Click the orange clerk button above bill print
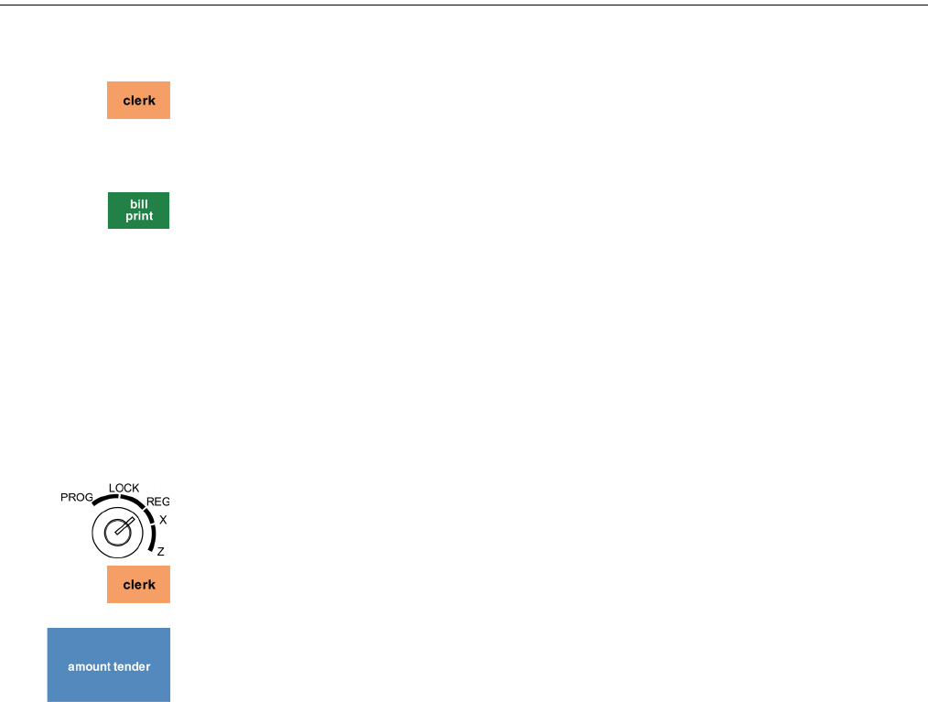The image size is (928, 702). pyautogui.click(x=138, y=101)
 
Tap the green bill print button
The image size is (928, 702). pyautogui.click(x=138, y=211)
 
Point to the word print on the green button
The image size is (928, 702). pyautogui.click(x=139, y=217)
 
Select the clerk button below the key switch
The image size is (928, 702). pyautogui.click(x=138, y=584)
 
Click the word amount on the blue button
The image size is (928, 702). pyautogui.click(x=88, y=666)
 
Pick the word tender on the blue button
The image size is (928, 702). pyautogui.click(x=131, y=666)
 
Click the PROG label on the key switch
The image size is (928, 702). pyautogui.click(x=77, y=498)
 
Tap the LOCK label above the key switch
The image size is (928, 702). pyautogui.click(x=124, y=488)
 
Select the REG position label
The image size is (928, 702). pyautogui.click(x=158, y=502)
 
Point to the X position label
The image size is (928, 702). pyautogui.click(x=163, y=520)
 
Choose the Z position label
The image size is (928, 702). pyautogui.click(x=160, y=552)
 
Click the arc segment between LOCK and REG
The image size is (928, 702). pyautogui.click(x=133, y=501)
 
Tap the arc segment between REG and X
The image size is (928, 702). pyautogui.click(x=148, y=513)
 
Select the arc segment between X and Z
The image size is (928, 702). pyautogui.click(x=153, y=540)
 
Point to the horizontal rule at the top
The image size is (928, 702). pyautogui.click(x=464, y=5)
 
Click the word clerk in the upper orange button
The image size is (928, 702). pyautogui.click(x=139, y=101)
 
